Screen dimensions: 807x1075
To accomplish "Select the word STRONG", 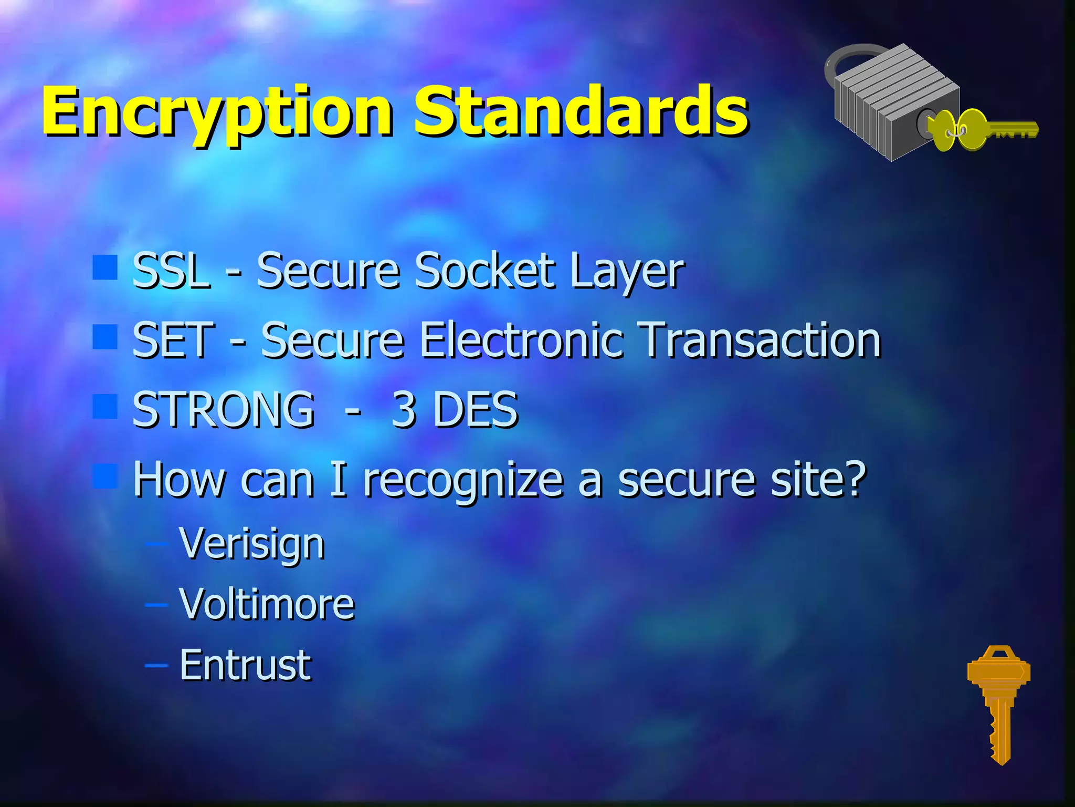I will [x=224, y=410].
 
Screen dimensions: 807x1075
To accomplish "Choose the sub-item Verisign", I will [x=251, y=544].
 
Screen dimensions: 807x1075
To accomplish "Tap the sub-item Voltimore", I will [x=267, y=604].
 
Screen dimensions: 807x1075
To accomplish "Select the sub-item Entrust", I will [x=245, y=665].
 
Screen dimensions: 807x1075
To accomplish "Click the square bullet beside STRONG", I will [x=105, y=406].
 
